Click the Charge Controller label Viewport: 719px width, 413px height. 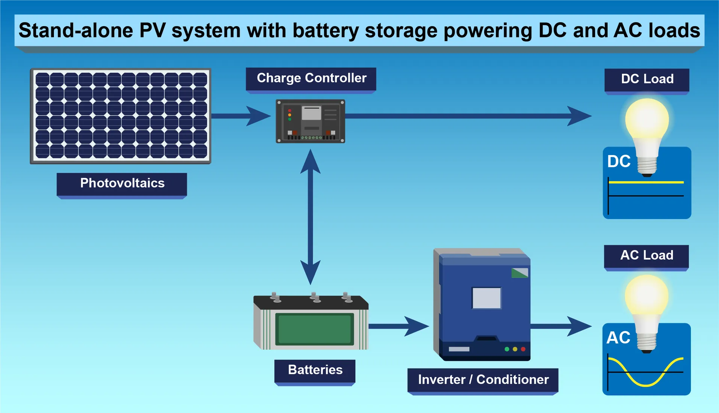311,78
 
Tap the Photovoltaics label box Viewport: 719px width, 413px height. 122,183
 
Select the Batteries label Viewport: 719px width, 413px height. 315,370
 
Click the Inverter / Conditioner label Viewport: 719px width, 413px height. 483,380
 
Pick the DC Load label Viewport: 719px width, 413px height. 647,79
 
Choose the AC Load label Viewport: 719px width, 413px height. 646,255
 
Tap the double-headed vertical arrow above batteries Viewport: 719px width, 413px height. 310,217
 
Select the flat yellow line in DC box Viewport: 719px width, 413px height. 646,182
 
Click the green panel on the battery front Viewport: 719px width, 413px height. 315,329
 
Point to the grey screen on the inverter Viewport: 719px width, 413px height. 486,298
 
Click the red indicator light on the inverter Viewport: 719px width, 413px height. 523,349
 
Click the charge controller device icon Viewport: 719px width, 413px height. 310,121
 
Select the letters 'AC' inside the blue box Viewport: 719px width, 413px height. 618,338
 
